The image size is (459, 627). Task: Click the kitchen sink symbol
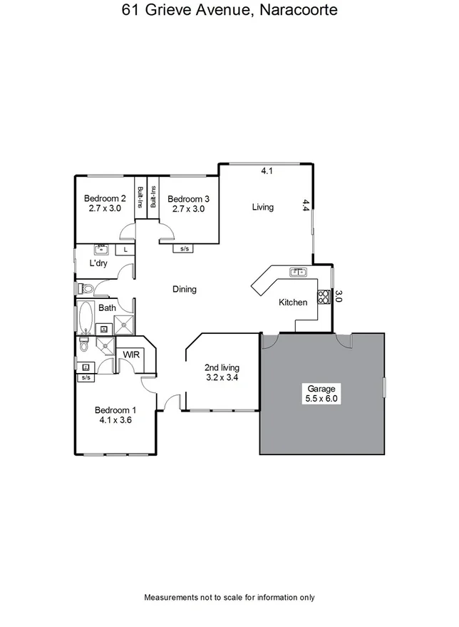tap(297, 272)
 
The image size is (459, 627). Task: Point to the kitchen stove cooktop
tap(324, 296)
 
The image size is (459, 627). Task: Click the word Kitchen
tap(293, 302)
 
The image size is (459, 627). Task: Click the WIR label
tap(130, 355)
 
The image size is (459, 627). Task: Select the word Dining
tap(185, 290)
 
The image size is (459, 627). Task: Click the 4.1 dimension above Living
tap(267, 171)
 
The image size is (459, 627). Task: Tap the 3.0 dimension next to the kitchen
tap(339, 296)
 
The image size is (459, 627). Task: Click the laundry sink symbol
tap(101, 250)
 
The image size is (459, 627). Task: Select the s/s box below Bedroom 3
tap(185, 249)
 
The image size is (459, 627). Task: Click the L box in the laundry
tap(125, 250)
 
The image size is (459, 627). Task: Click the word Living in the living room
tap(263, 208)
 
